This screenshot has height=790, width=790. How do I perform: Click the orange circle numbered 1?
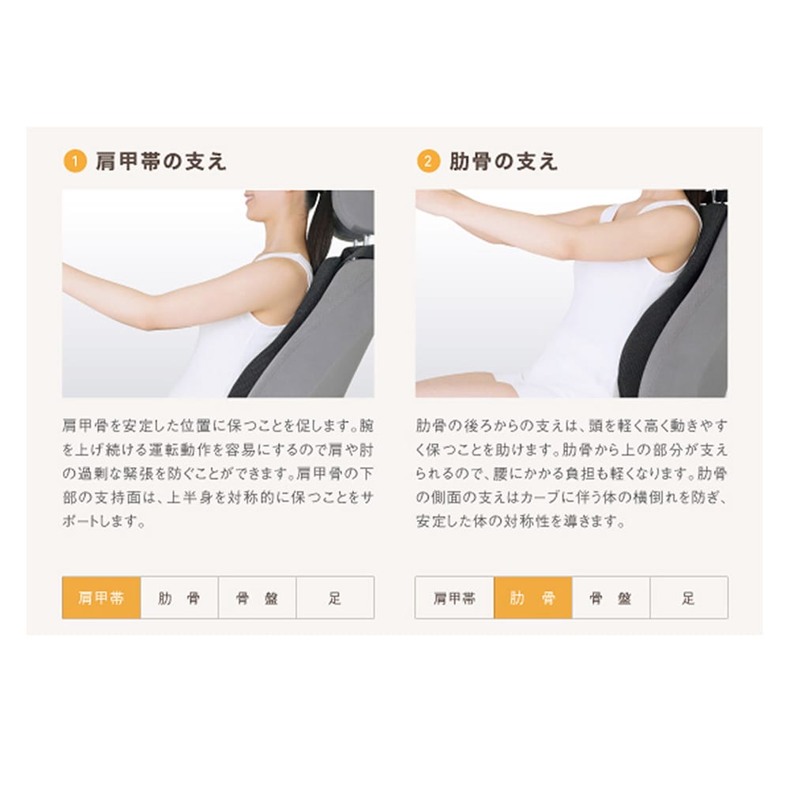click(x=74, y=161)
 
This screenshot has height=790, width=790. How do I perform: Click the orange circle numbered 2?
click(x=428, y=161)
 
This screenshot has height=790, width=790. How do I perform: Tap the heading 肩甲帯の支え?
click(x=161, y=161)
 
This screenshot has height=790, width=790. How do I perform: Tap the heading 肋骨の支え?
click(x=503, y=161)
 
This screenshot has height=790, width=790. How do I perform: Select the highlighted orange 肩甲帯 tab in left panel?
click(x=101, y=597)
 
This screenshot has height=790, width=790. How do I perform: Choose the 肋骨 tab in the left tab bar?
click(x=179, y=597)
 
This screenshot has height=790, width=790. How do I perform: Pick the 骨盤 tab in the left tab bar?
click(x=257, y=597)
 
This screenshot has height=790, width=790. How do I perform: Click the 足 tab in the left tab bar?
click(x=335, y=597)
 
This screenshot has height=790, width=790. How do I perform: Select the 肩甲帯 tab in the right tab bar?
click(x=454, y=597)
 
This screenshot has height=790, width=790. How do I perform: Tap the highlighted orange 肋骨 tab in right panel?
click(x=533, y=597)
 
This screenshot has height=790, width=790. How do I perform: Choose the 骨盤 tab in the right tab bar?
click(x=611, y=597)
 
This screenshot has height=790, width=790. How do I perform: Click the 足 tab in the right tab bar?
click(x=689, y=597)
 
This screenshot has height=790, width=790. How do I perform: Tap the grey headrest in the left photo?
click(x=352, y=212)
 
